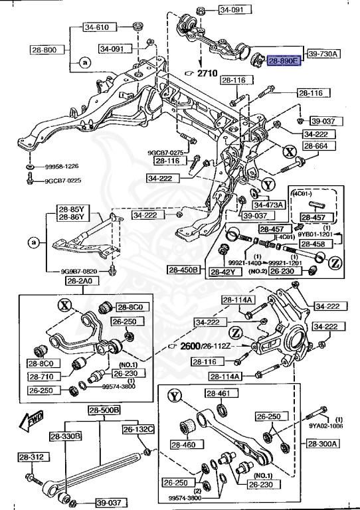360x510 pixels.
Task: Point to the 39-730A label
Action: click(x=322, y=52)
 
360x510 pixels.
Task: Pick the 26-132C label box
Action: click(x=137, y=429)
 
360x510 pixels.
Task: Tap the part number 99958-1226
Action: click(x=63, y=167)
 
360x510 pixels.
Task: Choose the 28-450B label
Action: click(x=184, y=270)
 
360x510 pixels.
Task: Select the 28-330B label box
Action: click(x=65, y=436)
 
